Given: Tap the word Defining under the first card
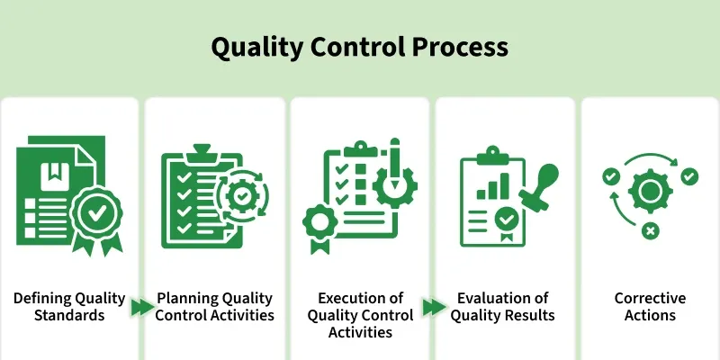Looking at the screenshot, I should click(x=41, y=299).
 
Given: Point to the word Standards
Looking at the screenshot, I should click(x=70, y=316).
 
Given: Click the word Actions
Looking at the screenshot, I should click(x=650, y=316).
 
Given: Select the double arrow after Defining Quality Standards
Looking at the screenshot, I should click(x=142, y=308).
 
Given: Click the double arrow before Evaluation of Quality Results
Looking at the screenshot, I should click(x=435, y=308).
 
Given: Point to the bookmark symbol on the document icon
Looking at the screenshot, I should click(x=52, y=169).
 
